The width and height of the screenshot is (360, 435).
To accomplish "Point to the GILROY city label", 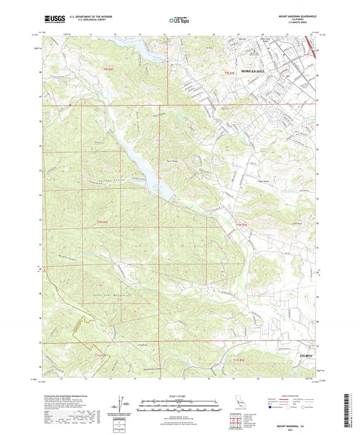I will (307, 354).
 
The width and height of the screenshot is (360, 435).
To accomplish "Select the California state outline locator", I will (251, 403).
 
